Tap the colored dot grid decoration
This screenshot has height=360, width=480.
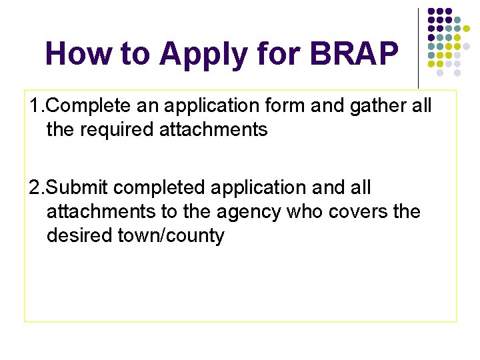click(449, 41)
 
